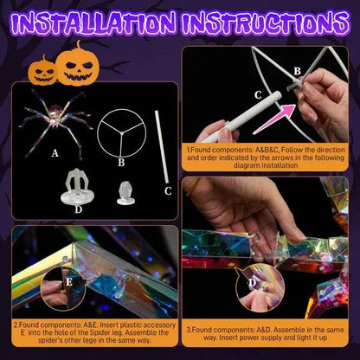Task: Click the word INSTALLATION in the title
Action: pos(92,23)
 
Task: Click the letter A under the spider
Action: pos(56,153)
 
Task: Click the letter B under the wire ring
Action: pos(120,162)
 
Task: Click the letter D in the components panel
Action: pos(79,208)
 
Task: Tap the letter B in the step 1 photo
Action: pos(297,71)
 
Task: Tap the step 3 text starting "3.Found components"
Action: pos(268,335)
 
